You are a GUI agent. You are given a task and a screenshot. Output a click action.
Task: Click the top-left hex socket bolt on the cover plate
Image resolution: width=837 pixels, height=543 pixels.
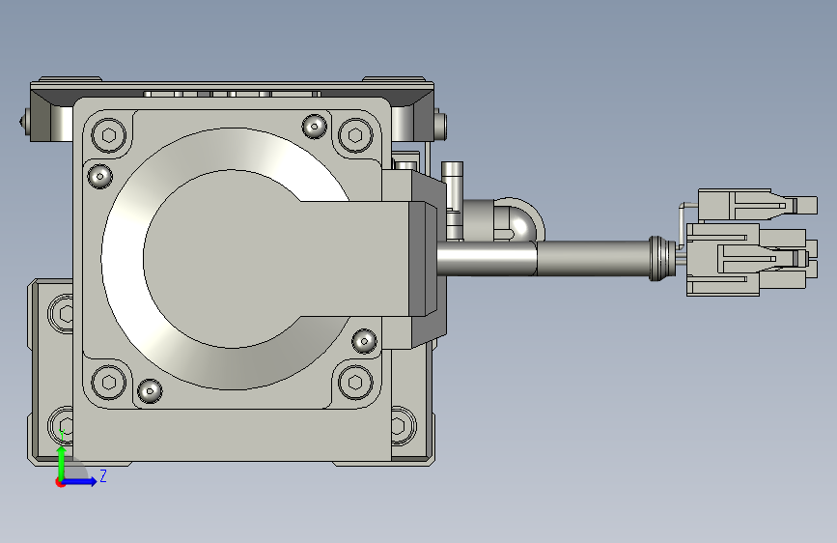[x=109, y=134]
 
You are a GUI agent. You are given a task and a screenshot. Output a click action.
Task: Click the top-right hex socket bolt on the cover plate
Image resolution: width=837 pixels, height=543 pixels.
[x=355, y=134]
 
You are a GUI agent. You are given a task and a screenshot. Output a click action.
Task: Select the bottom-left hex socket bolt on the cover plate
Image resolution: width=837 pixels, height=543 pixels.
[x=109, y=382]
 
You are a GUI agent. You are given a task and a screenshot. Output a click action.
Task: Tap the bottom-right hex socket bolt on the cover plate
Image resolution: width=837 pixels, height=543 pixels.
[x=355, y=382]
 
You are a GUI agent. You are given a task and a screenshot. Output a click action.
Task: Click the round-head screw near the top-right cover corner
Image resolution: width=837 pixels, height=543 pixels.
[x=315, y=127]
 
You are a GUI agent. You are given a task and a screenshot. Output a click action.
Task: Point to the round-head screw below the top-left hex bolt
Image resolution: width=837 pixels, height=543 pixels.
[x=99, y=176]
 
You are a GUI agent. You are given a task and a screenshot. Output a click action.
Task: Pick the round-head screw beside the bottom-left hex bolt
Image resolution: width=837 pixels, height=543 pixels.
[x=150, y=390]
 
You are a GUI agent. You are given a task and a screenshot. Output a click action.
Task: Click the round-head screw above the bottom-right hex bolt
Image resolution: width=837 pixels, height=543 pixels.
[x=365, y=340]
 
